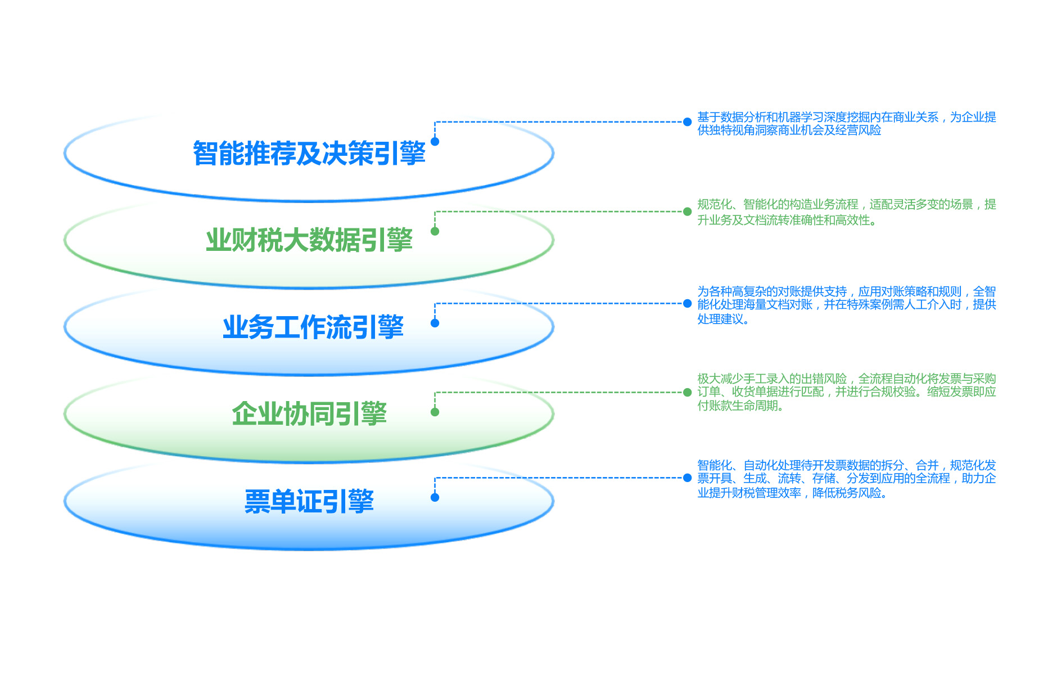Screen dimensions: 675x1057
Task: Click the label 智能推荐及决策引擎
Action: pyautogui.click(x=309, y=153)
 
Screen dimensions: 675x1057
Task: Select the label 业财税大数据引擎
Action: pyautogui.click(x=309, y=240)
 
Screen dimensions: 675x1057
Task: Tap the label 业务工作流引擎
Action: pyautogui.click(x=313, y=327)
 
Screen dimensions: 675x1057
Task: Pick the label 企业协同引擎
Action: pyautogui.click(x=309, y=414)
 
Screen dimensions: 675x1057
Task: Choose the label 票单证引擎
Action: pyautogui.click(x=309, y=501)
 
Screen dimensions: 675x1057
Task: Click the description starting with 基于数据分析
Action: pyautogui.click(x=846, y=124)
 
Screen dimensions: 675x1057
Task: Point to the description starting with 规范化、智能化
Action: pyautogui.click(x=846, y=212)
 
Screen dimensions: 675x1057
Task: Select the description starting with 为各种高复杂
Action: pyautogui.click(x=846, y=305)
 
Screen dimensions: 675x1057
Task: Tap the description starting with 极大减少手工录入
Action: pyautogui.click(x=846, y=392)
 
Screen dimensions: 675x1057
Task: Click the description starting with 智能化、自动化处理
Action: pyautogui.click(x=846, y=479)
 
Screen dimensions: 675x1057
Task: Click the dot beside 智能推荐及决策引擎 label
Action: pyautogui.click(x=435, y=142)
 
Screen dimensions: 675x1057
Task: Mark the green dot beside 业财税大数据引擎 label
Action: pyautogui.click(x=435, y=231)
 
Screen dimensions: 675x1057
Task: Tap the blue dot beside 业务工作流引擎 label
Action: pyautogui.click(x=435, y=323)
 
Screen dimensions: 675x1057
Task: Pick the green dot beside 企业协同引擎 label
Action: pyautogui.click(x=435, y=412)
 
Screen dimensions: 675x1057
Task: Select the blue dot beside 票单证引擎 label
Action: pyautogui.click(x=435, y=497)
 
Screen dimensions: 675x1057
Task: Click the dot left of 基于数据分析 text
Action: pyautogui.click(x=687, y=121)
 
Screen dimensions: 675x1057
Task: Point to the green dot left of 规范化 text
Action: pyautogui.click(x=687, y=211)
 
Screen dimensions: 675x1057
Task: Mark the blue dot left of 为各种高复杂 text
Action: pyautogui.click(x=687, y=303)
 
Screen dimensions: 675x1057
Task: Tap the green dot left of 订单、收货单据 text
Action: pyautogui.click(x=687, y=392)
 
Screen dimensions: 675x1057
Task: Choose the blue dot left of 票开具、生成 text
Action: pyautogui.click(x=687, y=478)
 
